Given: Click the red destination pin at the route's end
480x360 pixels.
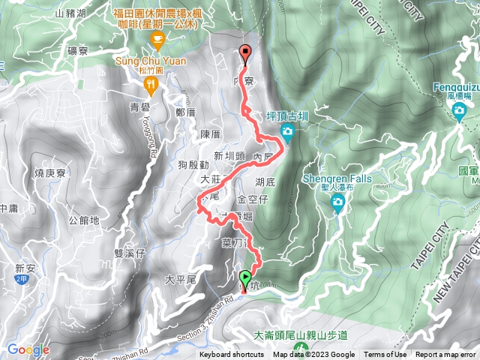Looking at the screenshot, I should click(x=245, y=53).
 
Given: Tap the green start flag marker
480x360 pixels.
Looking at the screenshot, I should click(x=245, y=281).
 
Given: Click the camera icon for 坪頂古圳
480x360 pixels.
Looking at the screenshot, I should click(x=286, y=133).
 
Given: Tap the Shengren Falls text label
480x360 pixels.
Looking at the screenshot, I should click(x=337, y=179).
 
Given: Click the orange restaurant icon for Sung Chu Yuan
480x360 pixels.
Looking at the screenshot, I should click(x=151, y=85).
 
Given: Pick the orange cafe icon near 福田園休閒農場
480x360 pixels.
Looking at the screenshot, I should click(x=157, y=39).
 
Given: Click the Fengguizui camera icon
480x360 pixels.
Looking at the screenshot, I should click(x=458, y=112).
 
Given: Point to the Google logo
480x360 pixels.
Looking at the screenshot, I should click(x=28, y=349).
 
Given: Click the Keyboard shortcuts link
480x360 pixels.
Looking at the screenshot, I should click(x=232, y=355).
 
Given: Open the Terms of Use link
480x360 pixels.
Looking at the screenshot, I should click(x=385, y=355).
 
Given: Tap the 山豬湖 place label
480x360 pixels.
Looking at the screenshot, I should click(x=71, y=13).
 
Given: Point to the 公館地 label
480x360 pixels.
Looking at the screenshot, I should click(x=83, y=220).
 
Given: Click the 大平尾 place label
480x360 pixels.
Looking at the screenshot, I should click(x=180, y=280).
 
